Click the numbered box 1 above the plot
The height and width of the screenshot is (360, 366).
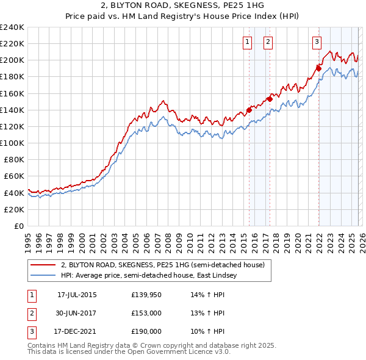click(x=248, y=42)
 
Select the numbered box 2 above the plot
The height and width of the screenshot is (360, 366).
click(x=268, y=42)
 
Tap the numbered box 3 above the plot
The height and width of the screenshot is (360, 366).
click(x=317, y=42)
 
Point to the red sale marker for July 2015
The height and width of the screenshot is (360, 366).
click(x=249, y=110)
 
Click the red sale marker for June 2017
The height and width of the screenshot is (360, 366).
click(x=270, y=99)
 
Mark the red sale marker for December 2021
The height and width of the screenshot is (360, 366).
click(x=318, y=68)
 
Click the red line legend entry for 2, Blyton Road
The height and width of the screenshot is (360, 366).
click(x=162, y=265)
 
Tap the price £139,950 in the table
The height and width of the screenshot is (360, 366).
click(x=146, y=295)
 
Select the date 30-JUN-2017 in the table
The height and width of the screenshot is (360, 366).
click(x=77, y=313)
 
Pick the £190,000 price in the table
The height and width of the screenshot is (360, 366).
click(x=146, y=331)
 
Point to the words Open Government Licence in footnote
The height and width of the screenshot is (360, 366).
click(x=182, y=352)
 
